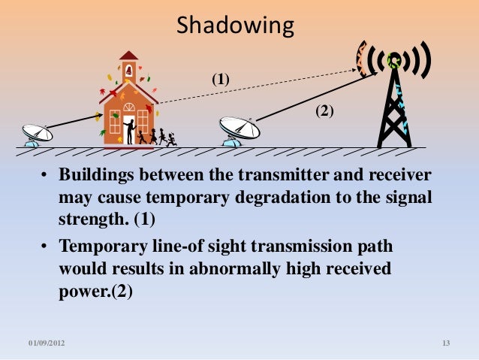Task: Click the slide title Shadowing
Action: pos(235,27)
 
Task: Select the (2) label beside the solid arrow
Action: pos(324,110)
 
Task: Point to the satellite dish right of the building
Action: pos(239,129)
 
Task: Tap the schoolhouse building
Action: pos(127,109)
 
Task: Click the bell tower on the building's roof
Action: pos(128,68)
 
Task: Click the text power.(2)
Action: pos(95,292)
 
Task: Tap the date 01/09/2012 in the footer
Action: pos(47,343)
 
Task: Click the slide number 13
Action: pos(446,343)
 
